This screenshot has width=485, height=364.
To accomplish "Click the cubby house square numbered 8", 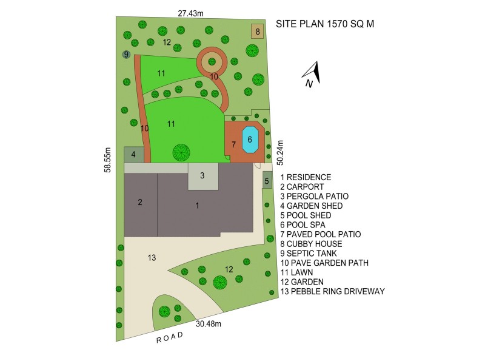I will pos(258,32).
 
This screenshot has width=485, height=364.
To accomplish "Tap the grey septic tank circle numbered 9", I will pos(126,55).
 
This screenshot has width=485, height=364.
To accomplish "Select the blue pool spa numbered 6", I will pos(249,140).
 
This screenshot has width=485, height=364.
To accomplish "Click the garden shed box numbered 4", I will pos(133,155).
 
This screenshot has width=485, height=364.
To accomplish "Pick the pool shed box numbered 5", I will pos(267,180).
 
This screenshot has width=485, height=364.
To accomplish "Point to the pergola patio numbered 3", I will pos(202,177).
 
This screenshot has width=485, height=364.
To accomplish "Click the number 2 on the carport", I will pos(140,202).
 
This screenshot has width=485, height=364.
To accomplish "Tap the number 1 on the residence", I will pos(197,206).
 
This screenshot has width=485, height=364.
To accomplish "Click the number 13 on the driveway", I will pos(152,258).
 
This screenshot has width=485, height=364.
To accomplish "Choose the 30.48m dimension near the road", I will pos(209,324).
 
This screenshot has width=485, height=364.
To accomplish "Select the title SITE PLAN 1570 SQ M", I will pos(325,24).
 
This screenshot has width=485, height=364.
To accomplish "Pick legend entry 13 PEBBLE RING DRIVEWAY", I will pos(332,292).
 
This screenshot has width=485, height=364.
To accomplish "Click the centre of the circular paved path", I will pos(212,60).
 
